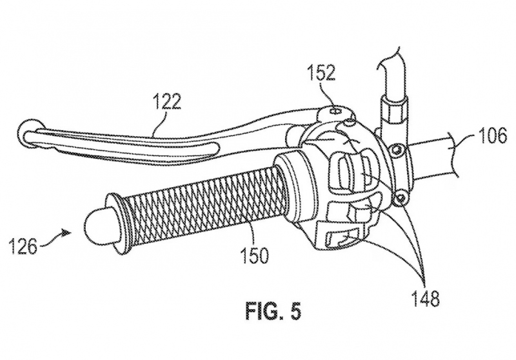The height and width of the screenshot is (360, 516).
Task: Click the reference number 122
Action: coord(167,102)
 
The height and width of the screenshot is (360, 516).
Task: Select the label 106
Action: coord(492,135)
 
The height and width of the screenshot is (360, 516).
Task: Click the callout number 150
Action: coord(254,255)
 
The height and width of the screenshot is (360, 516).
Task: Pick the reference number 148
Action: coord(425,299)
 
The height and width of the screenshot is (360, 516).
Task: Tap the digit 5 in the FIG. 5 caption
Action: coord(295,312)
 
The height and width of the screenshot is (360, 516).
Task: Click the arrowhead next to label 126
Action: coord(67,233)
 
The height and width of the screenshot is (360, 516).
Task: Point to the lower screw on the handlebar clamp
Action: coord(401,198)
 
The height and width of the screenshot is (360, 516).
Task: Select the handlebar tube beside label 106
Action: coord(433,155)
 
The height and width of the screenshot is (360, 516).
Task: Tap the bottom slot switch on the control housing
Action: coord(342,239)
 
